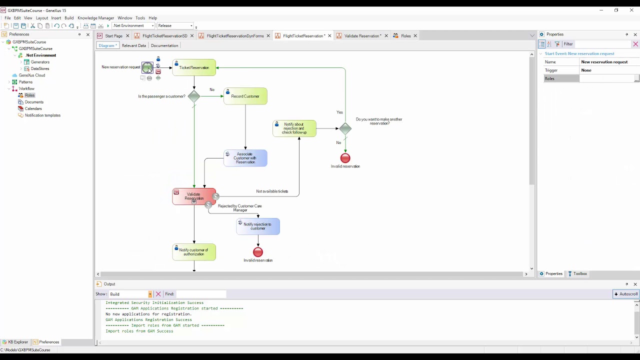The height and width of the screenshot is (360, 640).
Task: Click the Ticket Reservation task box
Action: click(x=194, y=67)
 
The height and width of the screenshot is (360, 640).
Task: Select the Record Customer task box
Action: click(x=245, y=96)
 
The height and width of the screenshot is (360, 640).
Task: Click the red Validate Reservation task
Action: click(x=194, y=196)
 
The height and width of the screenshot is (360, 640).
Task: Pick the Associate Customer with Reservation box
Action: click(x=245, y=158)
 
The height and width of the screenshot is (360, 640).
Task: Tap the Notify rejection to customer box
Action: click(x=258, y=226)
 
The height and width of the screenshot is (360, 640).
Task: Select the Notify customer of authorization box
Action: click(x=194, y=252)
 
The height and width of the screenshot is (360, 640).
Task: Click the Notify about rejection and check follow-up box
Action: click(x=294, y=128)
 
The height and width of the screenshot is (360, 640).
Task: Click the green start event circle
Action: click(x=147, y=67)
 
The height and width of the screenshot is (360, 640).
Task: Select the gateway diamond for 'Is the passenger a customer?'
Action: click(x=194, y=96)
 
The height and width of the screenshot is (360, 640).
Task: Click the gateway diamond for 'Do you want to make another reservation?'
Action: click(x=345, y=128)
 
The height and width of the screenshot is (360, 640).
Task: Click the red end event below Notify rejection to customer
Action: click(x=258, y=252)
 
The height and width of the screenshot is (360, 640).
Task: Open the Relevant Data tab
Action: click(x=133, y=45)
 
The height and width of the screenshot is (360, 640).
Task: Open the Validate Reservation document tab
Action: click(x=361, y=35)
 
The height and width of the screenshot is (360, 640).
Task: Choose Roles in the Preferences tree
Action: click(x=29, y=95)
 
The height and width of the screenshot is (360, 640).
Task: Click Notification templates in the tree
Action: click(x=42, y=115)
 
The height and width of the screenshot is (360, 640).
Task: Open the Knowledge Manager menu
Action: click(x=95, y=17)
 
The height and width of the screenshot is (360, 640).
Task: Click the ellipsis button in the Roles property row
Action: click(x=636, y=78)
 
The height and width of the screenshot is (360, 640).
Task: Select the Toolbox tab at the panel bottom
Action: click(x=577, y=273)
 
